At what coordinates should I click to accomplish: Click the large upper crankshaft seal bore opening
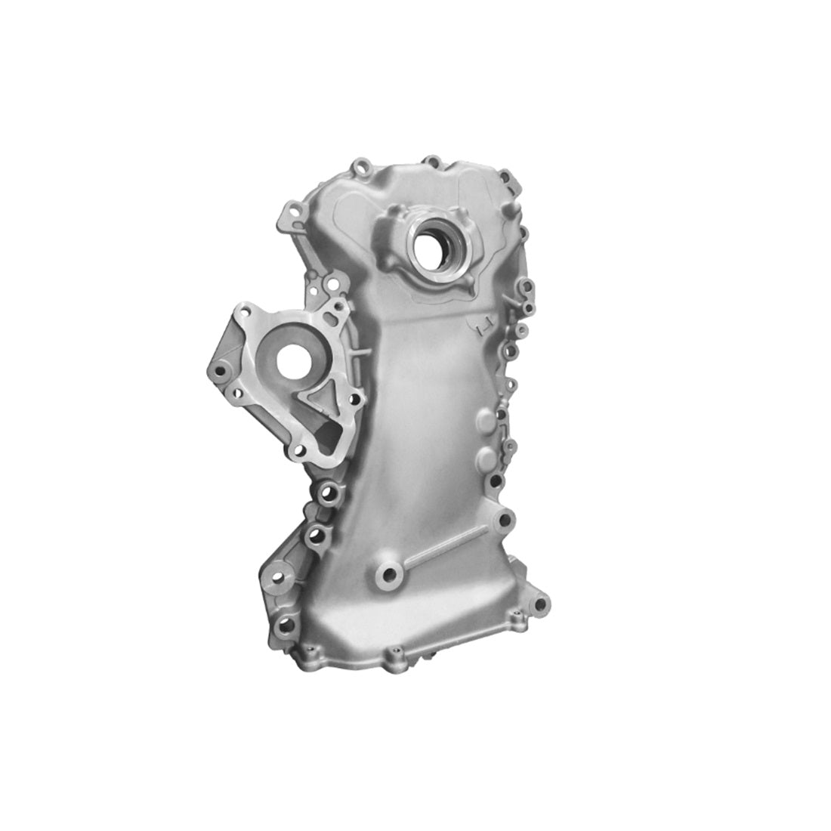point(433,244)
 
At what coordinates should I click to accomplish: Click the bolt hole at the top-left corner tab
point(360,165)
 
